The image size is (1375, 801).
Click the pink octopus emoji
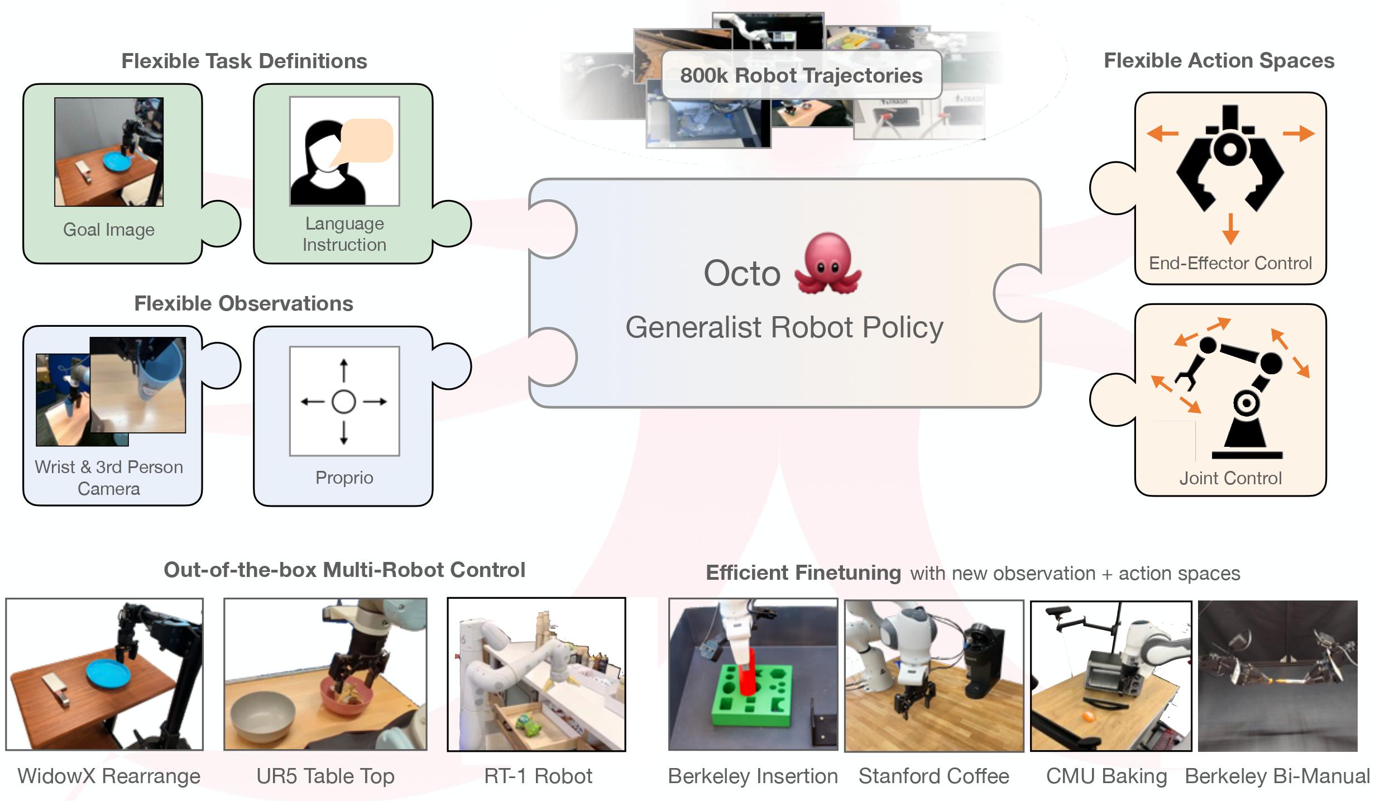click(828, 264)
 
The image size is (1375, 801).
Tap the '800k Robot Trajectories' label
click(801, 75)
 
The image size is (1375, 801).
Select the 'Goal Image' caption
click(109, 230)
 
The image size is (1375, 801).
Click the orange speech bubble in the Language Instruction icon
click(367, 140)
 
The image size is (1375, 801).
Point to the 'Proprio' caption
click(344, 478)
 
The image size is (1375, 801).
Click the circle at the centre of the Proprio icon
click(344, 401)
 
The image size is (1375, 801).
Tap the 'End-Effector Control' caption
click(1230, 263)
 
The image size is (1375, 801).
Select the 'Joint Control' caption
click(1230, 478)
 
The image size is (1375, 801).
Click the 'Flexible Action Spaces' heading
click(1219, 61)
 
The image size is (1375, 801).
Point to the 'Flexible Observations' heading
click(243, 303)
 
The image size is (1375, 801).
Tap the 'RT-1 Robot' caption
click(538, 776)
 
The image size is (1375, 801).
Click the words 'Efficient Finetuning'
click(803, 573)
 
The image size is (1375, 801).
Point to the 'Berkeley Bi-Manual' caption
click(1277, 776)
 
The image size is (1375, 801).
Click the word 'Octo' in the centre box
click(742, 274)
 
